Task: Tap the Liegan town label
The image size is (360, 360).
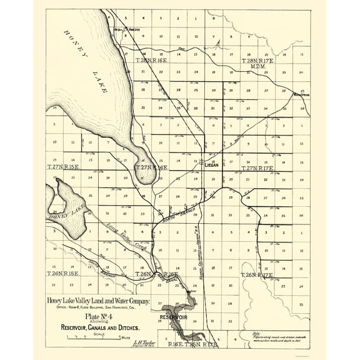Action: tap(214, 164)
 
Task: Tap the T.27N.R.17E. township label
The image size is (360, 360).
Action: tap(257, 169)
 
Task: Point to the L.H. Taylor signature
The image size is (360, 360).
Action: tap(145, 342)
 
